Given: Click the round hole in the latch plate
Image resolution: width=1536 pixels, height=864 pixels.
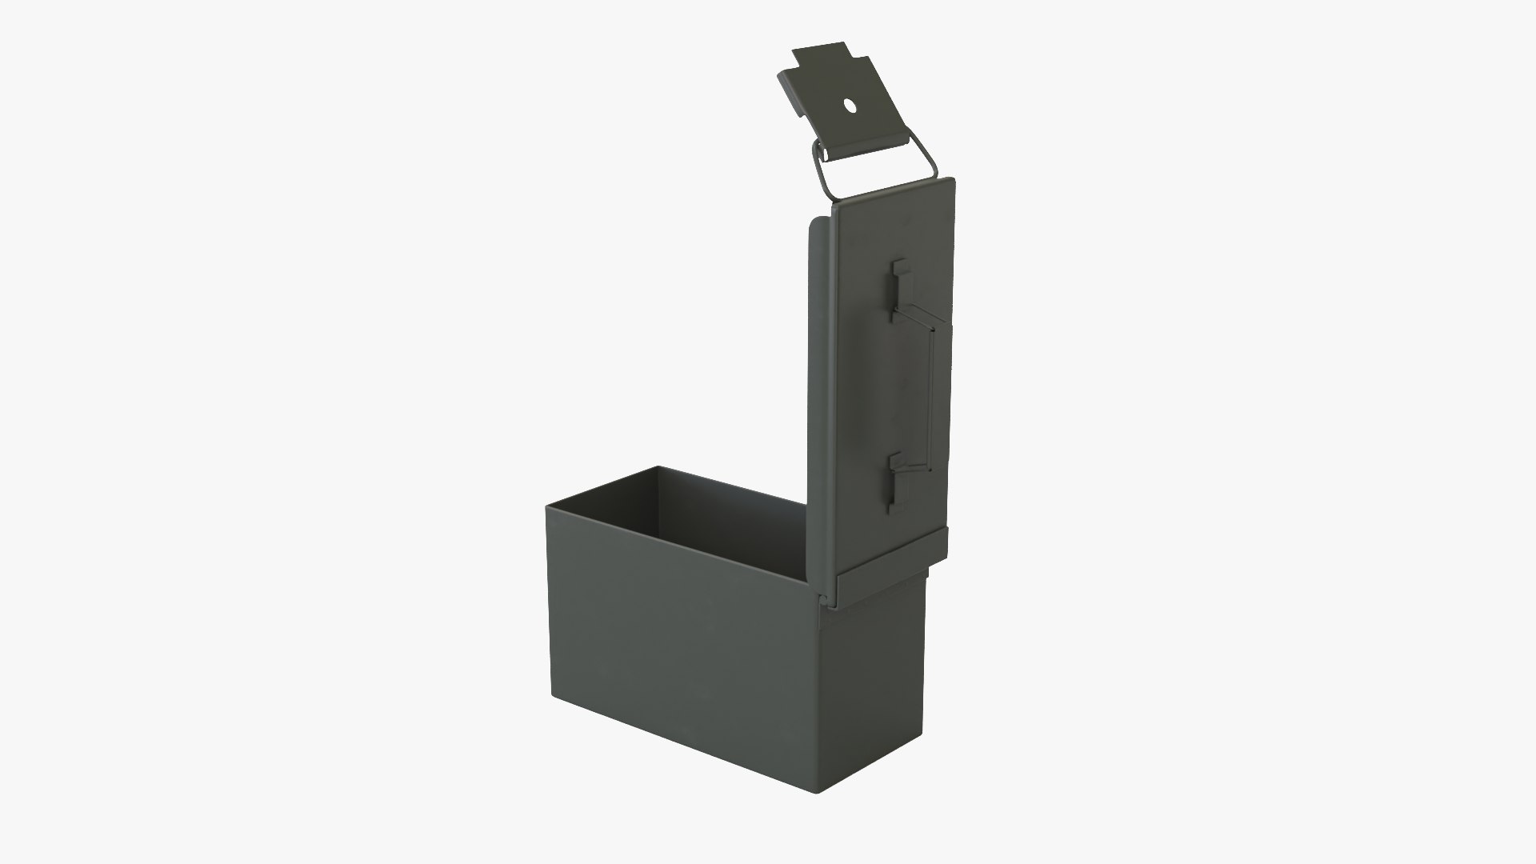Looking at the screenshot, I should [x=850, y=104].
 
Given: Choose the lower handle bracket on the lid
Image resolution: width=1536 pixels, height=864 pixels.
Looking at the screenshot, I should [x=897, y=480].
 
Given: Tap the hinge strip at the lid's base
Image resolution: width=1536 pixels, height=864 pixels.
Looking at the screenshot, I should [x=888, y=552].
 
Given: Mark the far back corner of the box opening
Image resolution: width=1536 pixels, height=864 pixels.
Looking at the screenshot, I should [x=658, y=467].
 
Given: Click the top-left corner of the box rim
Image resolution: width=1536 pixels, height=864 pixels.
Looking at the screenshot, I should [x=547, y=506].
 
